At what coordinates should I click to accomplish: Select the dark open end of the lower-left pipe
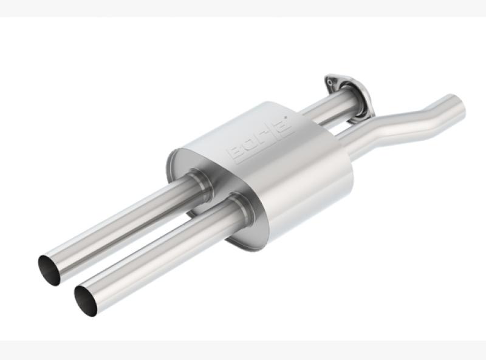point(86,301)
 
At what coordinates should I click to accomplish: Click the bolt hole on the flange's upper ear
point(332,80)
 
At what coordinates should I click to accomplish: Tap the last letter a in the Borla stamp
point(282,129)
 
